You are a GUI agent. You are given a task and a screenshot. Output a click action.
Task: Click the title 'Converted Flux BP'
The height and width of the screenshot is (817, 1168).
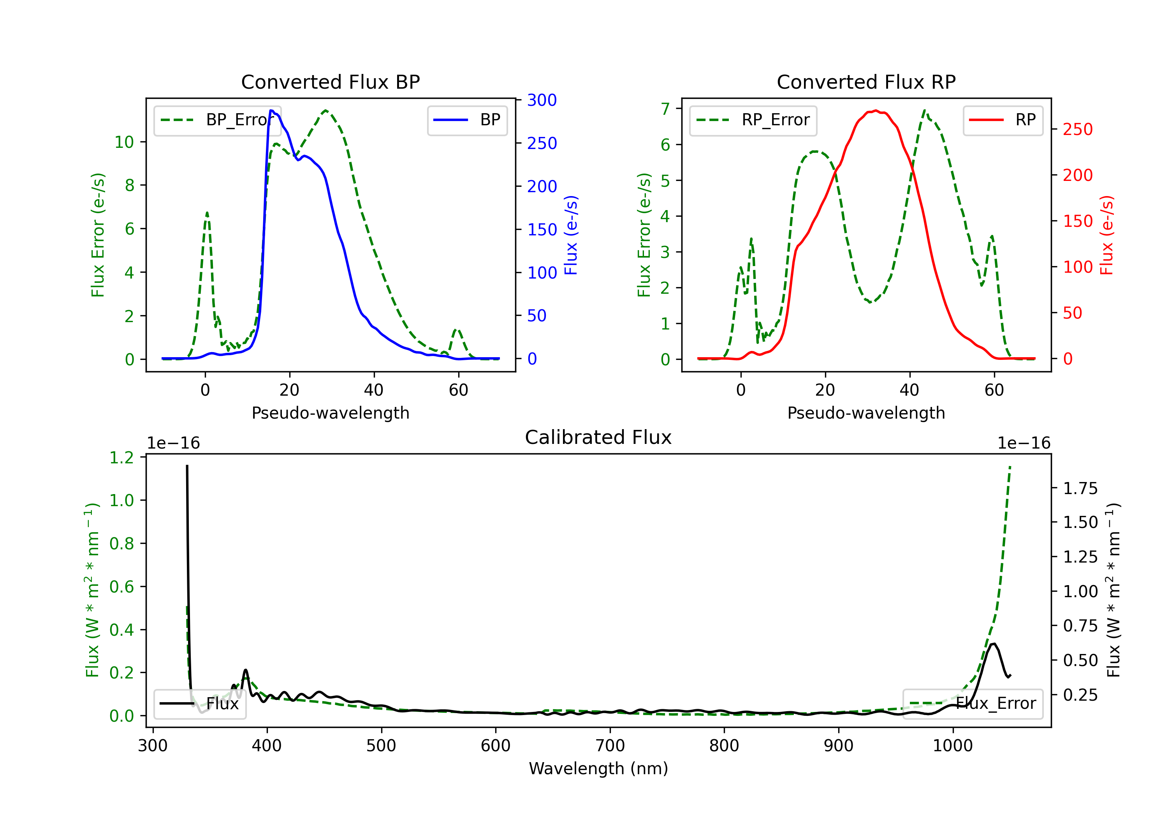(x=330, y=82)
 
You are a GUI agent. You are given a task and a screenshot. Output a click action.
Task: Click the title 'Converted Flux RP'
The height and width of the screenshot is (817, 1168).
(x=866, y=82)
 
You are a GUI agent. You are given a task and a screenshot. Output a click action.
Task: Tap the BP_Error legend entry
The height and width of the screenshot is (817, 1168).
(x=217, y=120)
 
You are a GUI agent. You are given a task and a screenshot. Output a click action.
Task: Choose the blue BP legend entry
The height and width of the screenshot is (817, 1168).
(x=467, y=120)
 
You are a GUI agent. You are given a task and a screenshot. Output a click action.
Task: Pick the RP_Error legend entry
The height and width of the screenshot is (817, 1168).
(x=753, y=120)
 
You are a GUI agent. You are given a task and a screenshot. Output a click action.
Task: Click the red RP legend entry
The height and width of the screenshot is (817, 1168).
(x=1003, y=120)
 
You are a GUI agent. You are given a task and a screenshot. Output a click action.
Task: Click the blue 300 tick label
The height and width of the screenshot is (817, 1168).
(x=542, y=100)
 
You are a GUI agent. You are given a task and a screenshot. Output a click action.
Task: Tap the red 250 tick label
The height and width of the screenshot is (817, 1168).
(x=1077, y=129)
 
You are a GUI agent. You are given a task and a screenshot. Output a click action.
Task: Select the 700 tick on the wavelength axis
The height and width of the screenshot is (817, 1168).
(x=610, y=745)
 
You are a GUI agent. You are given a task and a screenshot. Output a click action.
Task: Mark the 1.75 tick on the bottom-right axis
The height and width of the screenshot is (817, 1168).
(x=1080, y=489)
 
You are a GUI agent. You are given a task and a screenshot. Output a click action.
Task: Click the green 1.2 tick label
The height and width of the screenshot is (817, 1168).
(x=121, y=458)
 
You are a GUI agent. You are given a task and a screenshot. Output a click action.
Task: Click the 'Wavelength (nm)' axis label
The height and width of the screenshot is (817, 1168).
(x=598, y=768)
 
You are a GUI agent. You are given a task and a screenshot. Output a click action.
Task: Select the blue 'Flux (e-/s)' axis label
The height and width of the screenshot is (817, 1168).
(x=571, y=235)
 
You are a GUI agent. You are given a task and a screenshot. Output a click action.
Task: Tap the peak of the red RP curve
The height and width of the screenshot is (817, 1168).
(x=875, y=111)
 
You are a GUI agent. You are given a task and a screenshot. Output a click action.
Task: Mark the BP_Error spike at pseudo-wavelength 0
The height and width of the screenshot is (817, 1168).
(x=206, y=213)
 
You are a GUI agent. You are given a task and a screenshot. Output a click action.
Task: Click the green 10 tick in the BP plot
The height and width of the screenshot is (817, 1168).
(x=124, y=142)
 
